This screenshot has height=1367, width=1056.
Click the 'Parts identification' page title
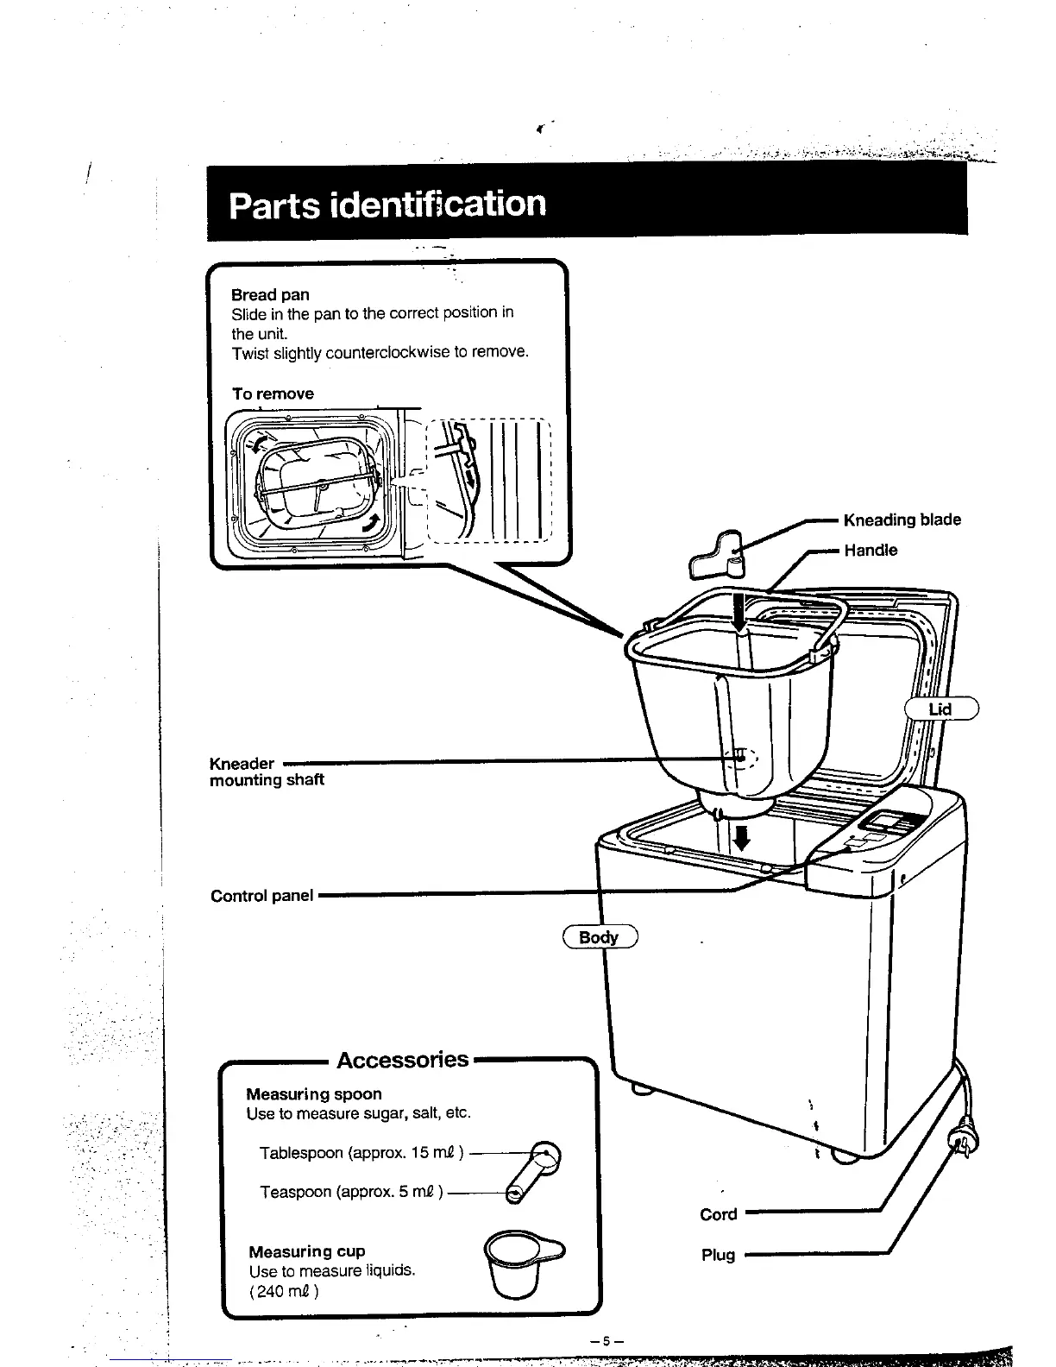coord(387,205)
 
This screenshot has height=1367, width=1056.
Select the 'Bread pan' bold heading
coord(270,294)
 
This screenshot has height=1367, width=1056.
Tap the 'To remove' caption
coord(273,394)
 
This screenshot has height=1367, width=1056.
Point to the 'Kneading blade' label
coord(902,520)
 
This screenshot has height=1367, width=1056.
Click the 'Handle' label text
coord(871,550)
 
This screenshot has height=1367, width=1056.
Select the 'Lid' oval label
coord(940,709)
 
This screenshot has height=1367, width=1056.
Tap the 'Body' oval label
coord(599,937)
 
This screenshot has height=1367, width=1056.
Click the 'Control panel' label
coord(261,896)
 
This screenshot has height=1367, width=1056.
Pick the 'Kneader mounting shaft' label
coord(267,772)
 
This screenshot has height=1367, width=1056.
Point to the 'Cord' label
coord(718,1214)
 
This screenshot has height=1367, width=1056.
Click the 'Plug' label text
coord(718,1255)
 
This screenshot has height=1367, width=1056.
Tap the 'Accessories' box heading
coord(402,1059)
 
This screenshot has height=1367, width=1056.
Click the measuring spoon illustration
coord(534,1170)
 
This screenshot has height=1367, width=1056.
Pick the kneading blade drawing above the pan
coord(717,556)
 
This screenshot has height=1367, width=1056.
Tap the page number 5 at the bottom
coord(606,1340)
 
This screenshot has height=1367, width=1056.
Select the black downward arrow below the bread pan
coord(739,836)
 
